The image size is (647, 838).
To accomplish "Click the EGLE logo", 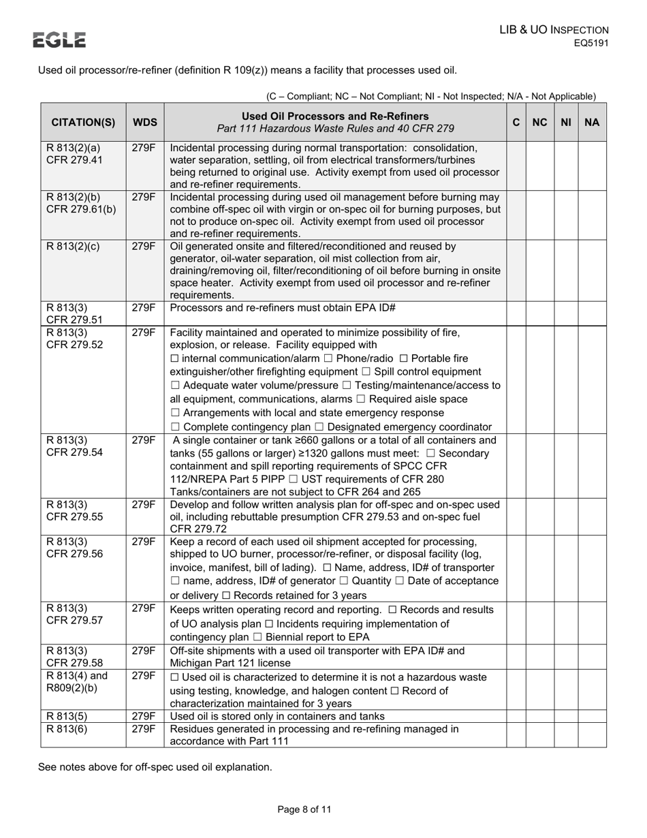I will coord(60,40).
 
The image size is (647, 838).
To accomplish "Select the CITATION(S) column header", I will coord(83,123).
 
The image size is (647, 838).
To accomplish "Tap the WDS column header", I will coord(144,123).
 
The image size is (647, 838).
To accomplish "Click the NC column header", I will coord(539,123).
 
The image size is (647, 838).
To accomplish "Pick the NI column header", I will coord(565,123).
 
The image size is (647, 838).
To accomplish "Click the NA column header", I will coord(592,123).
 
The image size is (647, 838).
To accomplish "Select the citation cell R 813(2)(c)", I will coord(73,247).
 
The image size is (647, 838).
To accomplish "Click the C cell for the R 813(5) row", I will coord(516,716).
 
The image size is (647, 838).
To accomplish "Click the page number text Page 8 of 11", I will coord(304,809).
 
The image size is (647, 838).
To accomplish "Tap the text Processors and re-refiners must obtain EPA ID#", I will coord(283,307).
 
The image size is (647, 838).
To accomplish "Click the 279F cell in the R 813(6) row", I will coord(144,729).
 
